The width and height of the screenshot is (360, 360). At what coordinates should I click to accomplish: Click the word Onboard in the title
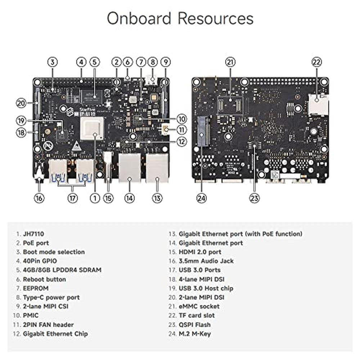pos(139,18)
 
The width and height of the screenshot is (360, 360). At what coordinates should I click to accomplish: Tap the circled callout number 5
pos(95,62)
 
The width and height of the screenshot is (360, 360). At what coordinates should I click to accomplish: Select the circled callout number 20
pos(21,103)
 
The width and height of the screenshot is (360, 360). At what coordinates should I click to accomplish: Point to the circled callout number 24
pos(201,198)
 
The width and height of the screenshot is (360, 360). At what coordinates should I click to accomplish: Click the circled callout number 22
pos(316,62)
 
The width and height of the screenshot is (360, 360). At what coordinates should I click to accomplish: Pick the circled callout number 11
pos(181,130)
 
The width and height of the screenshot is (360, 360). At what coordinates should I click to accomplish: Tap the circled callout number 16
pos(39,198)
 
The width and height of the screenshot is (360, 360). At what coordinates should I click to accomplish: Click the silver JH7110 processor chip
pos(92,128)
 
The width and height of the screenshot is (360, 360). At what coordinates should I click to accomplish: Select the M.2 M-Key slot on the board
pos(204,131)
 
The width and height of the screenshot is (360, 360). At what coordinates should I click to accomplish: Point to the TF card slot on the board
pos(318,104)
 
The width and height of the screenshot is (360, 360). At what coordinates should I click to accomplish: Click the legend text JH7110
pos(33,234)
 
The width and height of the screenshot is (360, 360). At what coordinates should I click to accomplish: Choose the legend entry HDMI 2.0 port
pos(200,252)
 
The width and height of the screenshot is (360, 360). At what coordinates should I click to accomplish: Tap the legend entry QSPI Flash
pos(195,325)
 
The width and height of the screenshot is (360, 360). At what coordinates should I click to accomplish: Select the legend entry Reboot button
pos(44,279)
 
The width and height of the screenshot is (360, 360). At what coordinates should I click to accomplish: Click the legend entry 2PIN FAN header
pos(48,325)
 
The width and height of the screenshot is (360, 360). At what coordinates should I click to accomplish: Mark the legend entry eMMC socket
pos(199,306)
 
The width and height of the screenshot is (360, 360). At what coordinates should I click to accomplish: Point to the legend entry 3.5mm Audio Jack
pos(206,261)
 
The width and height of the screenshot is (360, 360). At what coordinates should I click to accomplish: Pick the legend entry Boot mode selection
pos(54,252)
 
